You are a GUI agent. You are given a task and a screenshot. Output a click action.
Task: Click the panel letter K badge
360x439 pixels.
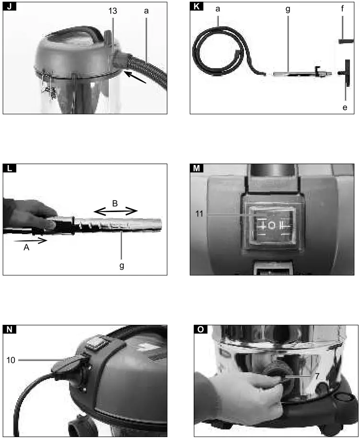pos(196,7)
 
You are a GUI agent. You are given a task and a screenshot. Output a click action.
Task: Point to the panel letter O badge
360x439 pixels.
pos(200,329)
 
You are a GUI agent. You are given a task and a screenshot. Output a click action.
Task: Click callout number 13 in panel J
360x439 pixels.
pos(113,9)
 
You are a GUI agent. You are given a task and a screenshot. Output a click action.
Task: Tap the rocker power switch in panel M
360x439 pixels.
pos(271,225)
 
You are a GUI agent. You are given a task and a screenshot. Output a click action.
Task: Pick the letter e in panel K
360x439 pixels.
pos(345,107)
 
